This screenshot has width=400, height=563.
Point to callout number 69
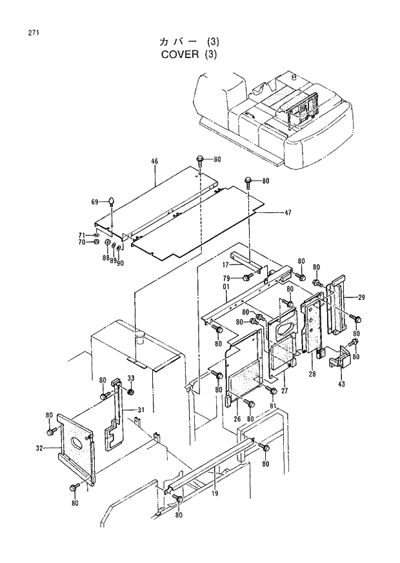(x=95, y=202)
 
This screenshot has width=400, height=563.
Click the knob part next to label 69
(x=112, y=201)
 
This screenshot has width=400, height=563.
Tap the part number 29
(x=361, y=297)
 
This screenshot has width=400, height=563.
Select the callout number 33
(x=130, y=378)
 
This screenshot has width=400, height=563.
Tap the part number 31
(x=139, y=410)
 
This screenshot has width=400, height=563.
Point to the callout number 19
(x=214, y=495)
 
